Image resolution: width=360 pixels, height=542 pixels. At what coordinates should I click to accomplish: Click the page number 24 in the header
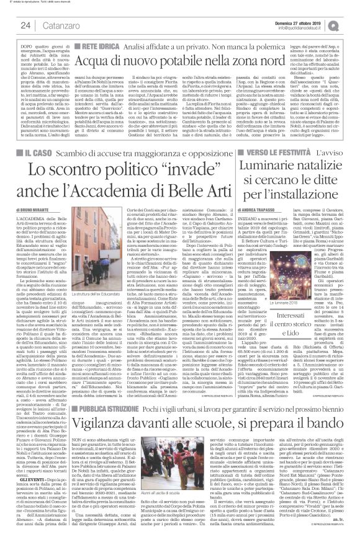(x=25, y=25)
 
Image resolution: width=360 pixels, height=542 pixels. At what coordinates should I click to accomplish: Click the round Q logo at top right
(x=351, y=24)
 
